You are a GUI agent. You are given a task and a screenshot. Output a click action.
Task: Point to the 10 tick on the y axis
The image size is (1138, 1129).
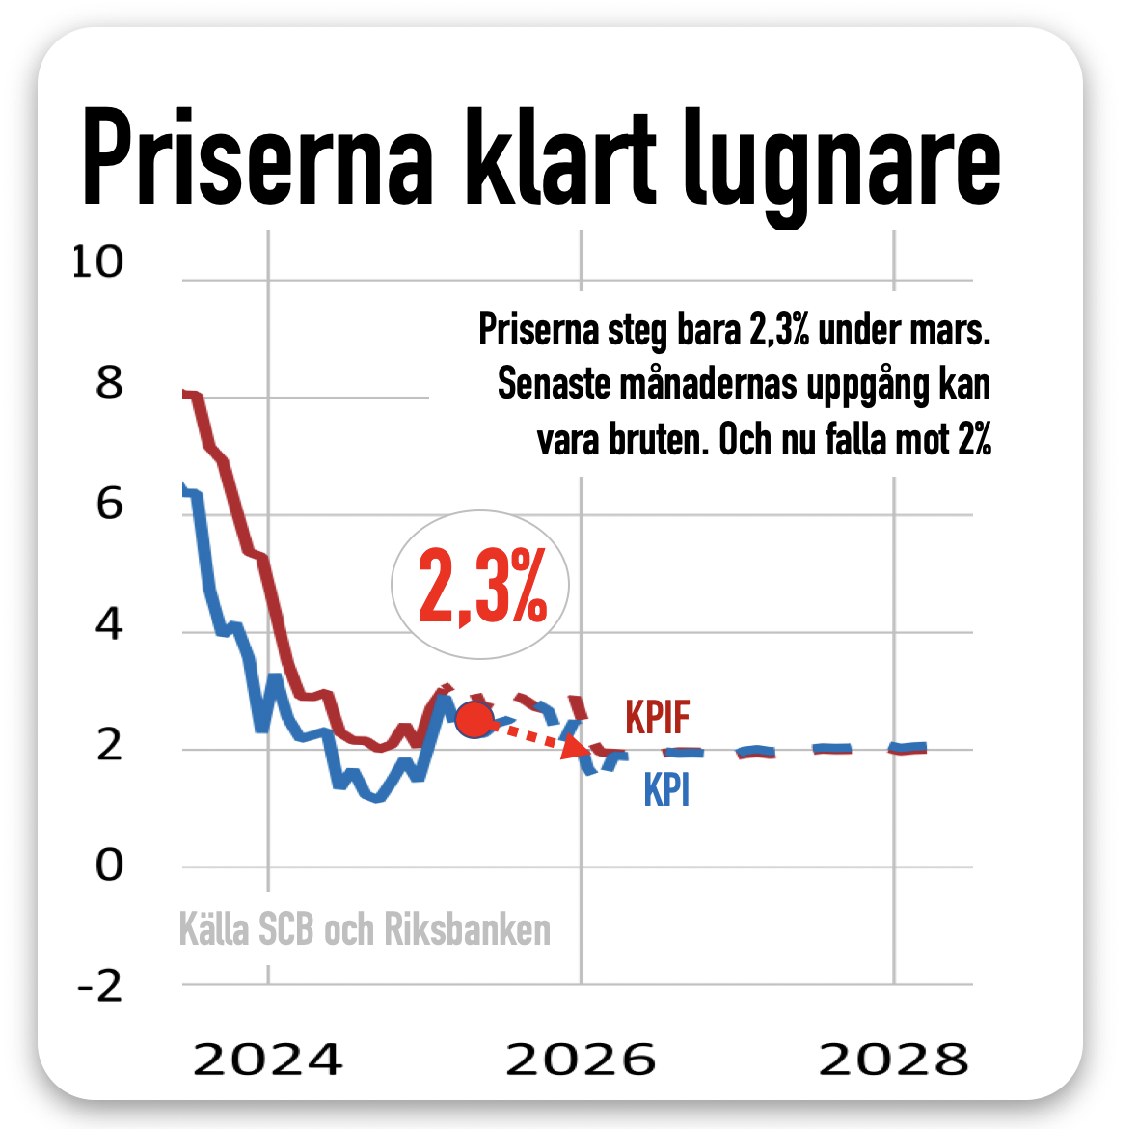pyautogui.click(x=97, y=262)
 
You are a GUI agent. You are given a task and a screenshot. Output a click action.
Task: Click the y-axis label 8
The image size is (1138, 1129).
pyautogui.click(x=109, y=384)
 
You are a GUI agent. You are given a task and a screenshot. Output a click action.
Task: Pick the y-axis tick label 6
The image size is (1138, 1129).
pyautogui.click(x=109, y=504)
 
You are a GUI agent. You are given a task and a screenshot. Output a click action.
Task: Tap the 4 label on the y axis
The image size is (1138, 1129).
pyautogui.click(x=109, y=625)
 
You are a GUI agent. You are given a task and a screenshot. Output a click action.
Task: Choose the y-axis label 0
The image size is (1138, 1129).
pyautogui.click(x=109, y=866)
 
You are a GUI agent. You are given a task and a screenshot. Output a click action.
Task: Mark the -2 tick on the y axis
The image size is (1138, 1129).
pyautogui.click(x=99, y=986)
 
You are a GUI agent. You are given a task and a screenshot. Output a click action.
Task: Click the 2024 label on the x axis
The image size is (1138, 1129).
pyautogui.click(x=267, y=1060)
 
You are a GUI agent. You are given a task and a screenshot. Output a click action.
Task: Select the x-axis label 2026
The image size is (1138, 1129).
pyautogui.click(x=581, y=1060)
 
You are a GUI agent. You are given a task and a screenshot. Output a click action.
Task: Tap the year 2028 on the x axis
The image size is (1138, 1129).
pyautogui.click(x=893, y=1060)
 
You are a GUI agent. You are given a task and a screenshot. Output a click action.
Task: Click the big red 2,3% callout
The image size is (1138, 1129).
pyautogui.click(x=481, y=586)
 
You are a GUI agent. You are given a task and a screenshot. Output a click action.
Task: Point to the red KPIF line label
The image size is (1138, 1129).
pyautogui.click(x=658, y=718)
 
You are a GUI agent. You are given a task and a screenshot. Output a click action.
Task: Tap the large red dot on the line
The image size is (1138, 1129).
pyautogui.click(x=474, y=720)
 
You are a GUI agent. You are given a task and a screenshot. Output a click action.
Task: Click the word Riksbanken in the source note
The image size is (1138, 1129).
pyautogui.click(x=468, y=929)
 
